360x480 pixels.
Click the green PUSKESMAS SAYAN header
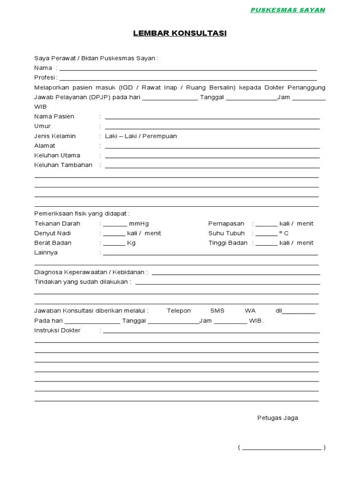(287, 10)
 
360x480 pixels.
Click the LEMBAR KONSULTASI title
(180, 33)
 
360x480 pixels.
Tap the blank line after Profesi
(187, 79)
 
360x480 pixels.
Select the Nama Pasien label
(54, 116)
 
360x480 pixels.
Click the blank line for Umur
(212, 127)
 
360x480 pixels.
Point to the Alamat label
(45, 146)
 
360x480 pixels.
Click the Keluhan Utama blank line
(212, 157)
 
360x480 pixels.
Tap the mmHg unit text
(139, 224)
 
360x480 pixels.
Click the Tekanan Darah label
(57, 224)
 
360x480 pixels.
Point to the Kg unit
(131, 243)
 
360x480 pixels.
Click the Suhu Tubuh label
(226, 233)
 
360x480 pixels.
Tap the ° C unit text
(284, 233)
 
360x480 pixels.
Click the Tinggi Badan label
(228, 243)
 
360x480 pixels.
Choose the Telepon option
(179, 311)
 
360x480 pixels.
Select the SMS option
(217, 311)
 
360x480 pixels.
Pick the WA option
(250, 311)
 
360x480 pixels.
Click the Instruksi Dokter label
(57, 330)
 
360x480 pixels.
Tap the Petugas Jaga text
(277, 418)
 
